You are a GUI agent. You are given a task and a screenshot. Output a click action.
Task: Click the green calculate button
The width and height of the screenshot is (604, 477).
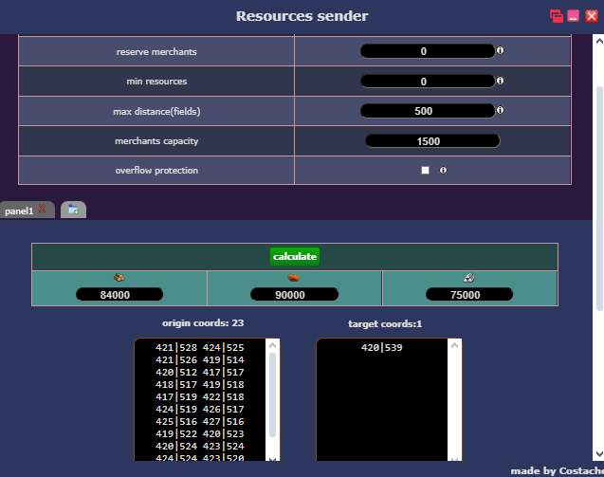(x=295, y=256)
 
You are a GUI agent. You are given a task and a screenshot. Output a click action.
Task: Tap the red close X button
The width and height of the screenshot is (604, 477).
(x=592, y=16)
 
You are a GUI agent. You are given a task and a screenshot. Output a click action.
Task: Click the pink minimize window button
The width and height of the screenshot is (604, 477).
(x=573, y=16)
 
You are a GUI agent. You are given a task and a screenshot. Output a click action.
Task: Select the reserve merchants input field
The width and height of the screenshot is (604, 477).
(x=428, y=51)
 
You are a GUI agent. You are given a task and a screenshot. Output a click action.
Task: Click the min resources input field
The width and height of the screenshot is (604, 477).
(x=428, y=82)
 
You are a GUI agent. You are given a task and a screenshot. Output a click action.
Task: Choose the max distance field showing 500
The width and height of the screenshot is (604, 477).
(x=428, y=111)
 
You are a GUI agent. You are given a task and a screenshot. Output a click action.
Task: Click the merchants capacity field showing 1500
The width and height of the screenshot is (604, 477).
(x=432, y=141)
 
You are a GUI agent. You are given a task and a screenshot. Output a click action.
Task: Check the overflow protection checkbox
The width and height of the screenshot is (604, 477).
(x=425, y=171)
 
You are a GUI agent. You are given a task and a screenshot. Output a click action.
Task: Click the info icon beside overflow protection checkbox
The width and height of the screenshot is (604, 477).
(x=444, y=171)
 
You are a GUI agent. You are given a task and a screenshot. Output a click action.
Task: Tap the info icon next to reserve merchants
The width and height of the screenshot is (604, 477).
(x=500, y=50)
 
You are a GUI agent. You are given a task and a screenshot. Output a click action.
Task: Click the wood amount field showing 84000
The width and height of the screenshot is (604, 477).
(x=119, y=295)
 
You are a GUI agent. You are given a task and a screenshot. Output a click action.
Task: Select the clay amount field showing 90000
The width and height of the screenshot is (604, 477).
(x=294, y=295)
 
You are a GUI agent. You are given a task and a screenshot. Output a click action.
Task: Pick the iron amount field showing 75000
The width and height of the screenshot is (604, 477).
(x=469, y=295)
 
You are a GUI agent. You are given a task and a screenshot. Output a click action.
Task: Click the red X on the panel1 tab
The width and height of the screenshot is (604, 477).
(x=42, y=209)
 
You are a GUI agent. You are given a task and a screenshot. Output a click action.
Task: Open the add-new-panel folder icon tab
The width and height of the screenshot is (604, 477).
(x=73, y=210)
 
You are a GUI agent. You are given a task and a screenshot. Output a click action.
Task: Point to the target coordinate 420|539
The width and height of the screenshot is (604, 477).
(x=382, y=347)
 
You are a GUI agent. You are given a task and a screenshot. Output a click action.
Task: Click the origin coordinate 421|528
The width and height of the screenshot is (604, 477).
(x=176, y=347)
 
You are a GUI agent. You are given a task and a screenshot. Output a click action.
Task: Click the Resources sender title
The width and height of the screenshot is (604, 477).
(x=302, y=16)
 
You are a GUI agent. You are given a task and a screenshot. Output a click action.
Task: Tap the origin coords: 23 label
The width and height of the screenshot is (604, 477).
(x=203, y=322)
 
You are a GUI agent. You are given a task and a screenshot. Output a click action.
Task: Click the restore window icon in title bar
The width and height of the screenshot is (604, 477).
(x=557, y=16)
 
